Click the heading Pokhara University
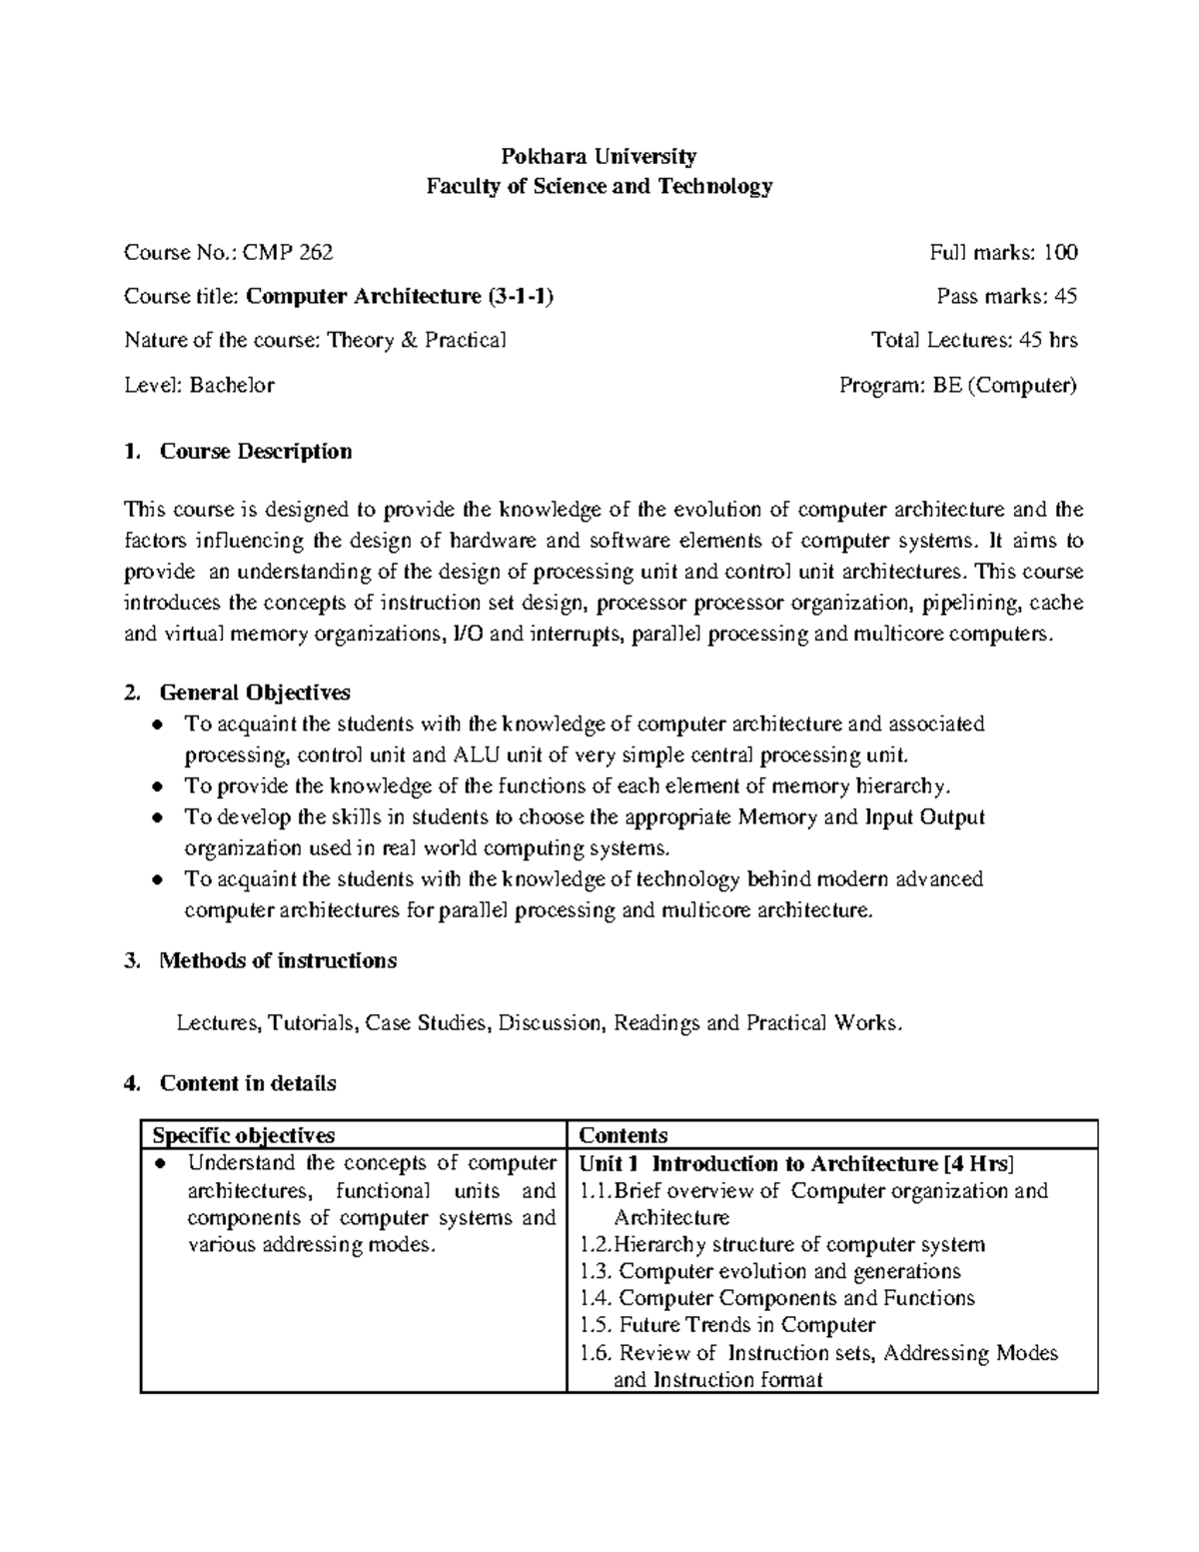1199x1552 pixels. tap(599, 156)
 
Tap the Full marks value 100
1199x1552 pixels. tap(1060, 252)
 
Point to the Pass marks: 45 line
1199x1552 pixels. tap(1006, 296)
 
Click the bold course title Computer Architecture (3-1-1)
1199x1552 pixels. tap(400, 296)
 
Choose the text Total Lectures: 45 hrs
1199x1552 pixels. tap(974, 340)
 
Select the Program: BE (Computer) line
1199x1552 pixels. tap(958, 385)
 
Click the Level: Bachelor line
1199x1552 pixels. tap(199, 385)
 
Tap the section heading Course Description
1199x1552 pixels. tap(256, 451)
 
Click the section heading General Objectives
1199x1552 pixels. tap(255, 692)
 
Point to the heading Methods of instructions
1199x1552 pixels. tap(278, 960)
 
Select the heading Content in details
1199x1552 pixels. tap(248, 1083)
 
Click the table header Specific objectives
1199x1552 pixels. tap(243, 1135)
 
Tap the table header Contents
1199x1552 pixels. tap(623, 1135)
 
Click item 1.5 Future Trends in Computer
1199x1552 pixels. tap(727, 1325)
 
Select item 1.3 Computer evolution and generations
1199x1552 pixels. tap(770, 1271)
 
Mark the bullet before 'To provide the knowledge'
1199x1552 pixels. tap(157, 787)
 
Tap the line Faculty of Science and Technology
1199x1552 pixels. tap(599, 186)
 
